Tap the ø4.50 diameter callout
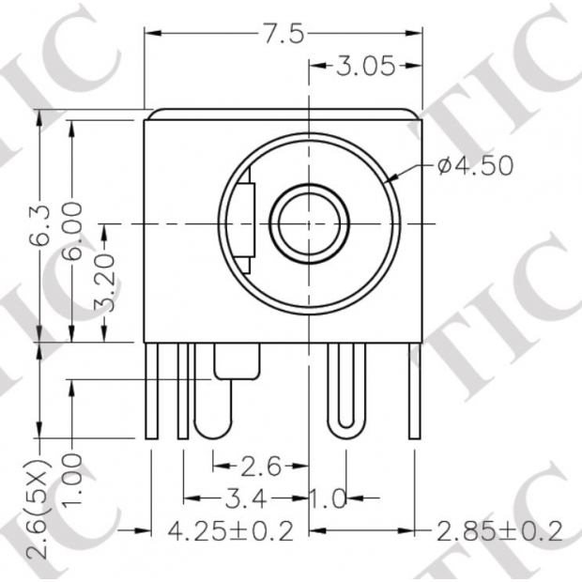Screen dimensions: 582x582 [x=475, y=166]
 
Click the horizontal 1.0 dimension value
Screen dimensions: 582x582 [x=329, y=498]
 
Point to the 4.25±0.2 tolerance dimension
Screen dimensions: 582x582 [x=230, y=531]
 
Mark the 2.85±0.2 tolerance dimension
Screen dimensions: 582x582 [x=498, y=531]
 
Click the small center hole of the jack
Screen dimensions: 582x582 [x=310, y=224]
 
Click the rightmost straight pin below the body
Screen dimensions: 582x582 [x=414, y=391]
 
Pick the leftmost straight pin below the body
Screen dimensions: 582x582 [x=151, y=391]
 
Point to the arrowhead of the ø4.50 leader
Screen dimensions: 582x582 [x=391, y=178]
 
